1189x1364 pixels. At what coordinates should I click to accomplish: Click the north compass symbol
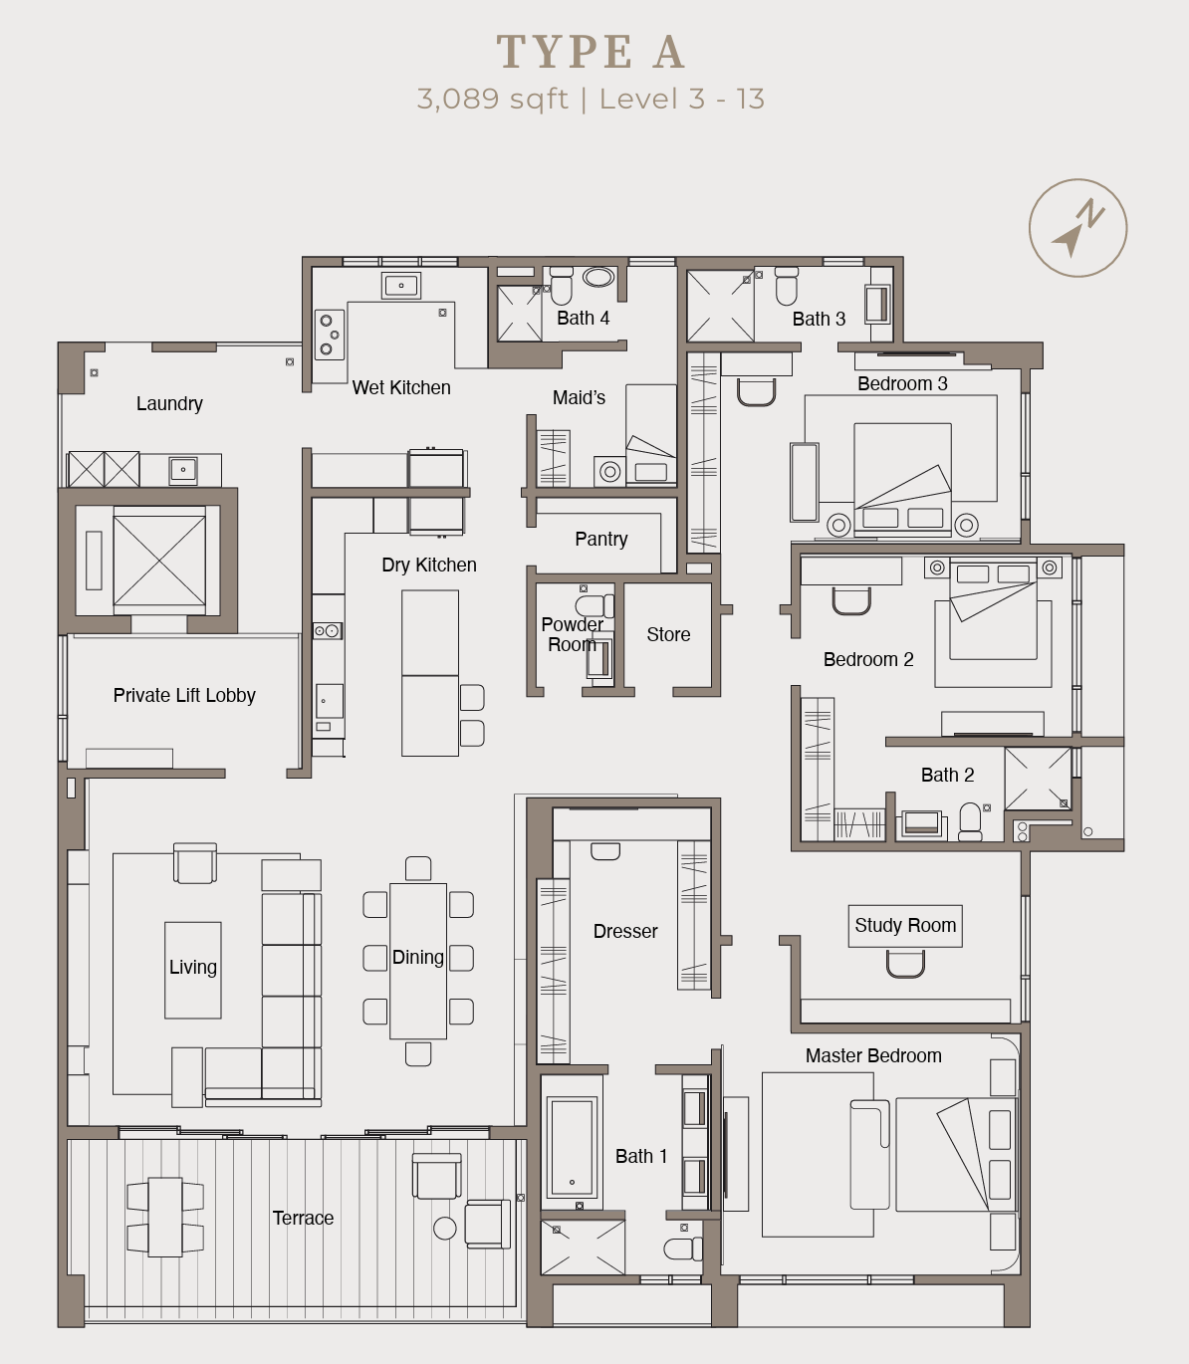(1077, 228)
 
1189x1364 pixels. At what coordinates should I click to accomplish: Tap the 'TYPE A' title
(592, 52)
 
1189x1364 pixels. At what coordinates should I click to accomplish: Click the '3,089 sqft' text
(492, 99)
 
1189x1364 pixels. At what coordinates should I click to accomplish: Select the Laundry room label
(169, 403)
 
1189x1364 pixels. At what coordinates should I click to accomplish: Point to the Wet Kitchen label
(401, 387)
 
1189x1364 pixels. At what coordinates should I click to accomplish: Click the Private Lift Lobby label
(184, 695)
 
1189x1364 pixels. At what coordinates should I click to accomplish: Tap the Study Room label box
(905, 926)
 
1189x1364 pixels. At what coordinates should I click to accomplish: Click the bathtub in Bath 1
(572, 1147)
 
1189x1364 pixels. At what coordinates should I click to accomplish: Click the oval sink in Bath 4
(598, 277)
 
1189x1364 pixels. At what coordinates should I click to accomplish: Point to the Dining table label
(418, 957)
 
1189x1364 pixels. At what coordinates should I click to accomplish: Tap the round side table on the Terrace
(445, 1229)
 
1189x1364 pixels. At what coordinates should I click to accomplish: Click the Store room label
(668, 634)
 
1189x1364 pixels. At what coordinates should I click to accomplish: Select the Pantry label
(601, 539)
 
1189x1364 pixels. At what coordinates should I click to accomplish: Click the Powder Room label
(572, 634)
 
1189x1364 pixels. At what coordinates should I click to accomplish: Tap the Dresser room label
(625, 931)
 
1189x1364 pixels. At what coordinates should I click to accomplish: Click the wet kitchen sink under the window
(401, 286)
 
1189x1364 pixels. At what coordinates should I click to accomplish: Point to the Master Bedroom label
(873, 1055)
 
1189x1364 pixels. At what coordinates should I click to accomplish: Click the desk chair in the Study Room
(905, 963)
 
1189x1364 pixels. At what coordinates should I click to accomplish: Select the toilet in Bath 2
(969, 821)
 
